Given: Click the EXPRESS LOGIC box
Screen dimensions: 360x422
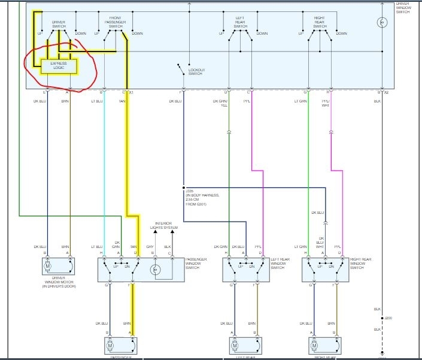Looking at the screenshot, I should click(x=59, y=66).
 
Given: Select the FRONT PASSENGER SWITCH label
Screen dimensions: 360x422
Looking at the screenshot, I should click(x=115, y=22).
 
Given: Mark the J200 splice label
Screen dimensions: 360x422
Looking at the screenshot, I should click(x=388, y=317).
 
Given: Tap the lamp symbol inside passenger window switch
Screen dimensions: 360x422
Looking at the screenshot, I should click(x=157, y=270).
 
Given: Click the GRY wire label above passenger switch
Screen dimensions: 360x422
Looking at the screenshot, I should click(x=150, y=246).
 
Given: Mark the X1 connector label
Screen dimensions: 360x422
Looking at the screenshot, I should click(x=132, y=92).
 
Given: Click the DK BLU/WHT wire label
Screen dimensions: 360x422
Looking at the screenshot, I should click(x=320, y=243).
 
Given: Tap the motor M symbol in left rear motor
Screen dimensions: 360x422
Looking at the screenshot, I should click(x=235, y=346).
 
